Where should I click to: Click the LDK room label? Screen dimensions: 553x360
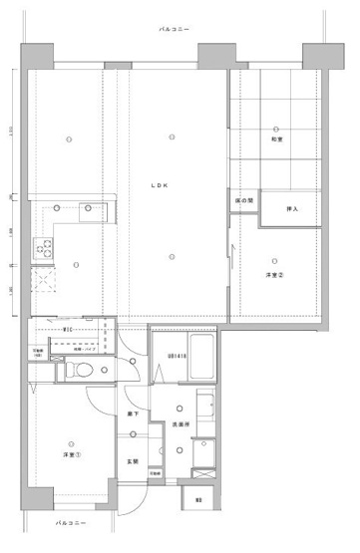click(160, 185)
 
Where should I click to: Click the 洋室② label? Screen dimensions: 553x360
click(275, 274)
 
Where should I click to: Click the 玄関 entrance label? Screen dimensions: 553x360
click(132, 461)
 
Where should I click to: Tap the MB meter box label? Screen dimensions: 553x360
click(198, 499)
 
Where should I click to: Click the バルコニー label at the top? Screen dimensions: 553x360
click(178, 31)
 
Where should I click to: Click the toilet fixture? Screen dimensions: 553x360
click(83, 371)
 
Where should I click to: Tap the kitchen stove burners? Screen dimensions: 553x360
click(44, 246)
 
